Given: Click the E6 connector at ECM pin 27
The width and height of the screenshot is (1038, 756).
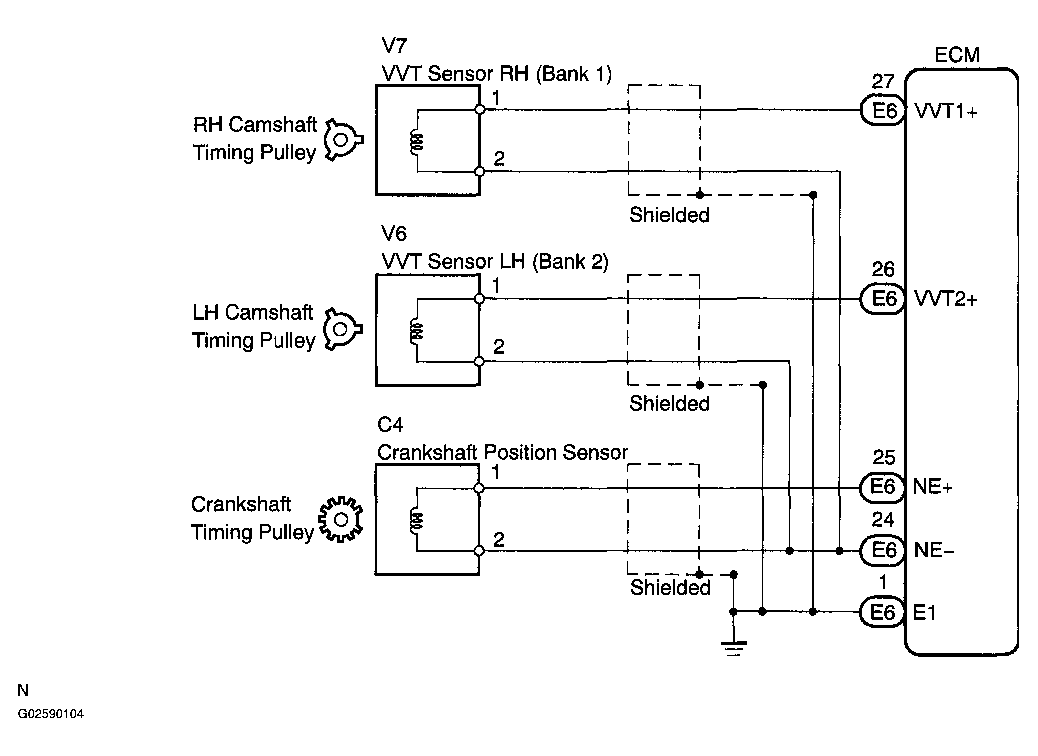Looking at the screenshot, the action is [883, 110].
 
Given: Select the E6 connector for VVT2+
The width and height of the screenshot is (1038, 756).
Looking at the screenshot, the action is [883, 299].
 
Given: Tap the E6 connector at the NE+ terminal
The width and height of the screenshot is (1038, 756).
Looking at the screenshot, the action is [882, 487].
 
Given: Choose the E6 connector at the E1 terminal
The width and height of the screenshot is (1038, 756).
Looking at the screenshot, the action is [882, 612].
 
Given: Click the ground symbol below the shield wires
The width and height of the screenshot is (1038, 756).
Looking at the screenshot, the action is [733, 648].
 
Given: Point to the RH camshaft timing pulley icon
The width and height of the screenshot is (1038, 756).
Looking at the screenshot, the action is [343, 140].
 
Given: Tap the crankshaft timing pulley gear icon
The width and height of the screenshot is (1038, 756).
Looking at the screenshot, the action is [341, 520].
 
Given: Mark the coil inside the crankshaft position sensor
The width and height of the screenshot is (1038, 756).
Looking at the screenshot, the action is [416, 520].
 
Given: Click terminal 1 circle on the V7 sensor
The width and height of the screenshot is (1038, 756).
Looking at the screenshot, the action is [480, 109].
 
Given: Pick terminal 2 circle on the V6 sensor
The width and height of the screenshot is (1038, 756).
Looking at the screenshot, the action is [479, 361].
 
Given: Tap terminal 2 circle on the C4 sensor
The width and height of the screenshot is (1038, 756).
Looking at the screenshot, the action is [479, 551].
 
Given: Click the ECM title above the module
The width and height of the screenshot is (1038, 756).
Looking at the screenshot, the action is [957, 55].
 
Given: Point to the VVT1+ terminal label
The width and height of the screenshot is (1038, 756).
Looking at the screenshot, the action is [946, 111].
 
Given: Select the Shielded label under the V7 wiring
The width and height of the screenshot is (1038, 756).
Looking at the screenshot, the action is [669, 215].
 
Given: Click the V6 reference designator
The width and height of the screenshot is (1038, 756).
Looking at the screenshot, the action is [394, 233].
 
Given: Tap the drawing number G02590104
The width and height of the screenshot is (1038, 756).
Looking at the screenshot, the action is [51, 714].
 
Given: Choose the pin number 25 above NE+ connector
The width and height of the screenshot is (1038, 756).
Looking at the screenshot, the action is [884, 458].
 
